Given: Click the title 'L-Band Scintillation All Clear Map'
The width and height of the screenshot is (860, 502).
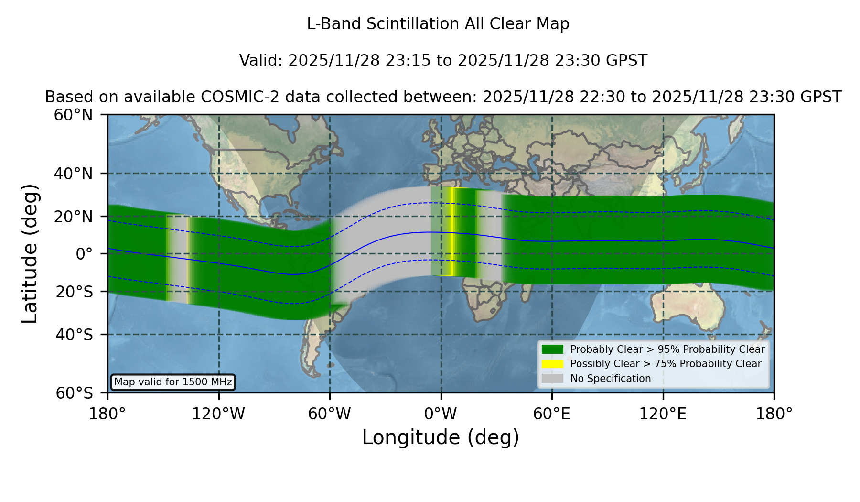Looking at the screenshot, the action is tap(438, 24).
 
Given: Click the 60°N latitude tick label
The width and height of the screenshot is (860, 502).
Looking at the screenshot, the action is tap(74, 115).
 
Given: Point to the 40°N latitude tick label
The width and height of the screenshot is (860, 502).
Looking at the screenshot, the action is tap(74, 174).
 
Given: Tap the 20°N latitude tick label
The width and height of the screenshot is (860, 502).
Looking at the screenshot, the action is tap(74, 217).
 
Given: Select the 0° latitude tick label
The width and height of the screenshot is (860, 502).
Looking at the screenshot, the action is tap(84, 254).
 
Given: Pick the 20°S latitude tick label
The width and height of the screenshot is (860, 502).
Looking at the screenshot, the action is tap(75, 292).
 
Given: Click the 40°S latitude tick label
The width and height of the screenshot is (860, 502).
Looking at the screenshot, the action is tap(75, 335).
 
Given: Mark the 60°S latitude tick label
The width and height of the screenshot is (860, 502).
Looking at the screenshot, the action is tap(75, 393).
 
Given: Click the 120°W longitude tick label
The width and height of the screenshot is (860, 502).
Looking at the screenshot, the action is tap(218, 414).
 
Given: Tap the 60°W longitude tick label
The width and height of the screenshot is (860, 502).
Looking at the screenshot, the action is tap(330, 414).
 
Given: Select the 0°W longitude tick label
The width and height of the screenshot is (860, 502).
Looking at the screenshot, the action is tap(441, 414).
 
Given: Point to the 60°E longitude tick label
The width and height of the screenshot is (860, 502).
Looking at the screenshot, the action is tap(552, 414).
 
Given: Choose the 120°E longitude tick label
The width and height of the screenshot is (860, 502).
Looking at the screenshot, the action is tap(663, 414).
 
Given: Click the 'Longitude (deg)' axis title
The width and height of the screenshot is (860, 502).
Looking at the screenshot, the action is tap(441, 437).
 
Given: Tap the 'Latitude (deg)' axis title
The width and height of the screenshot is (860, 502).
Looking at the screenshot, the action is tap(30, 253).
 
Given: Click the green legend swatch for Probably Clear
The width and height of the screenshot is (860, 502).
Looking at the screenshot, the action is tap(552, 349).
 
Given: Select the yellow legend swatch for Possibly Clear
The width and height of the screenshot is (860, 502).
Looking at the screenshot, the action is tap(552, 364).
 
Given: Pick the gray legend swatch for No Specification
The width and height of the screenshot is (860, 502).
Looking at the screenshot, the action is tap(552, 379).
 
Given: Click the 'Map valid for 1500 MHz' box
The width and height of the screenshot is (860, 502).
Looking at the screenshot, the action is tap(173, 382).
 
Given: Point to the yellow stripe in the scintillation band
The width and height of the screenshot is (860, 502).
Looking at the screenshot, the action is tap(451, 232).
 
